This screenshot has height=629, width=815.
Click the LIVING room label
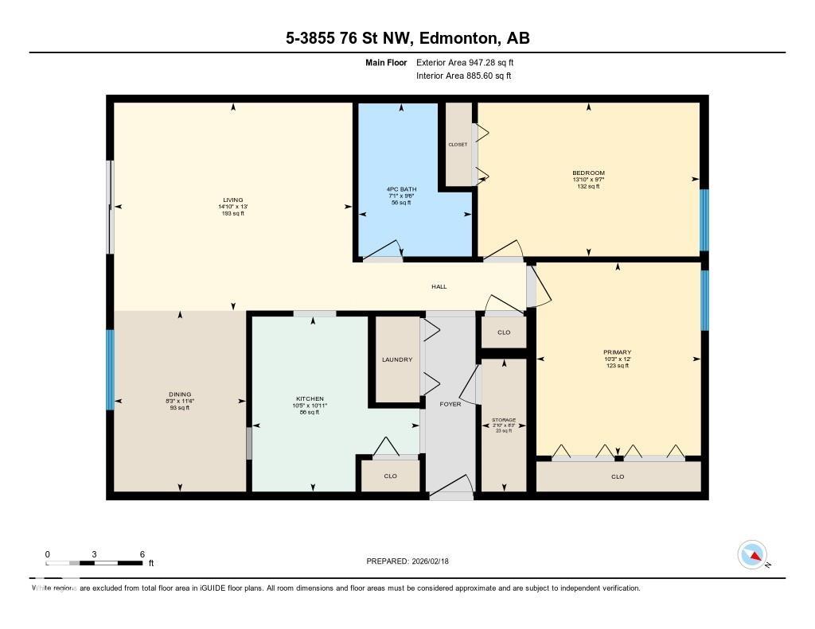coord(232,200)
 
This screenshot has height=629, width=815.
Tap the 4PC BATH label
coord(400,188)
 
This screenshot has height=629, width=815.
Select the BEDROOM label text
coord(588,173)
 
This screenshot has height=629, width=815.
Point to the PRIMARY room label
coord(617,351)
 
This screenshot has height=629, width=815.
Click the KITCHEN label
coord(310,398)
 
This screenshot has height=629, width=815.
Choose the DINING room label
coord(180,394)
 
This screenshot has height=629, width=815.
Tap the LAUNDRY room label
coord(396,359)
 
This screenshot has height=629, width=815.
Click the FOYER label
coord(450,404)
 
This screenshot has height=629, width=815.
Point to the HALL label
coord(439,286)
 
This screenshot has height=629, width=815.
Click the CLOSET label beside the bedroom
coord(458,145)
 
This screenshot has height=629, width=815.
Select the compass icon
coord(752,554)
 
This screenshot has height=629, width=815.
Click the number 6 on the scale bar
coord(142,553)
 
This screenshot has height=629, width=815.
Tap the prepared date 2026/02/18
coord(435,561)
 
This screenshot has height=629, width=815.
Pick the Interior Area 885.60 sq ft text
coord(463,76)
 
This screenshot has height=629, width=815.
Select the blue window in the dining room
coord(111,370)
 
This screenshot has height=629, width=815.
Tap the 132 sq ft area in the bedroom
coord(588,186)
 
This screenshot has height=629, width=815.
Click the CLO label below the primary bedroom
coord(618,476)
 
